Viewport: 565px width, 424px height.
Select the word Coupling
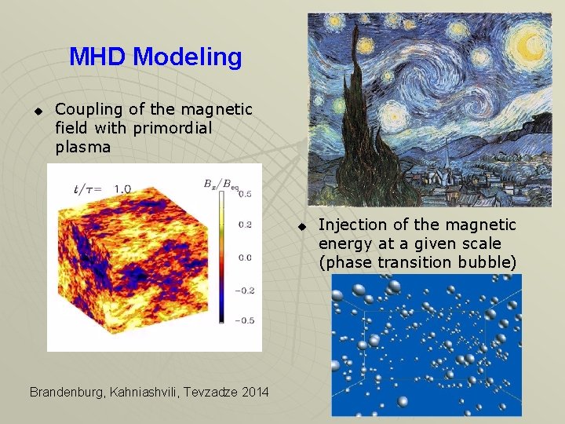click(x=87, y=109)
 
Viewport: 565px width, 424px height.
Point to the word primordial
click(x=173, y=128)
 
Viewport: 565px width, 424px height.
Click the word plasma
click(x=83, y=147)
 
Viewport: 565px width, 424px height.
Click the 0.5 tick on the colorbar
click(x=245, y=193)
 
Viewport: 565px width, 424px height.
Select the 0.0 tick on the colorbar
click(x=245, y=257)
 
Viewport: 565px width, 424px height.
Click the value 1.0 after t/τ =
click(x=123, y=188)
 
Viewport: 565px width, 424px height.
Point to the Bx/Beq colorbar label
click(x=221, y=184)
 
